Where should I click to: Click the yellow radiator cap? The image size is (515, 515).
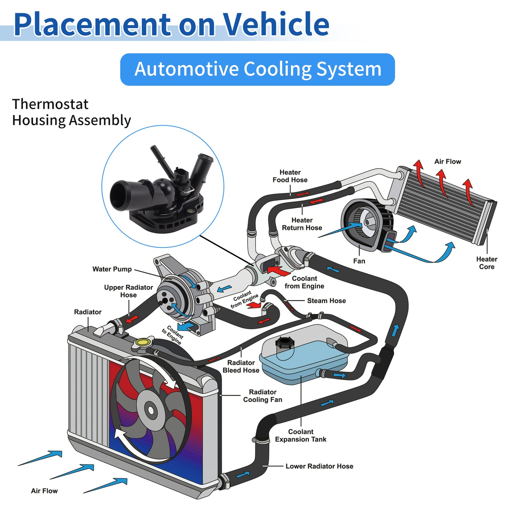[x=142, y=342]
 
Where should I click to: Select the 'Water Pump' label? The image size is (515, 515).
[x=112, y=269]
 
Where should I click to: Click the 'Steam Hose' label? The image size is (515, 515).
[x=326, y=301]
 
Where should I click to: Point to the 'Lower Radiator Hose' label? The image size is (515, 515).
[x=319, y=466]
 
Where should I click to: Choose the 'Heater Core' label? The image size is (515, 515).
[x=486, y=263]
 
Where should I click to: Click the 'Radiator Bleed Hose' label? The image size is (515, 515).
[x=241, y=367]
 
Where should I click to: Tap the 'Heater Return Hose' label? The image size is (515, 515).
[x=302, y=224]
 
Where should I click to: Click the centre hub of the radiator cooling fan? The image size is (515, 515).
[x=151, y=410]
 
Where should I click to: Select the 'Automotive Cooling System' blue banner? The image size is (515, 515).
[x=257, y=69]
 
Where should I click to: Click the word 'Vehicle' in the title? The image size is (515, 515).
[x=275, y=24]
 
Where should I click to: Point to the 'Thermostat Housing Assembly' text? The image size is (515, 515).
[x=72, y=112]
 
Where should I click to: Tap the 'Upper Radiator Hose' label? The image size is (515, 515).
[x=128, y=291]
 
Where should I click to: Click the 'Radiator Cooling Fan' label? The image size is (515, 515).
[x=263, y=396]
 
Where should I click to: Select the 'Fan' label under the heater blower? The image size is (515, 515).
[x=359, y=261]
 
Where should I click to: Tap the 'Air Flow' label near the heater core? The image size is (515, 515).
[x=448, y=161]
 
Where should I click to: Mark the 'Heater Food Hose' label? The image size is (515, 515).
[x=290, y=176]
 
